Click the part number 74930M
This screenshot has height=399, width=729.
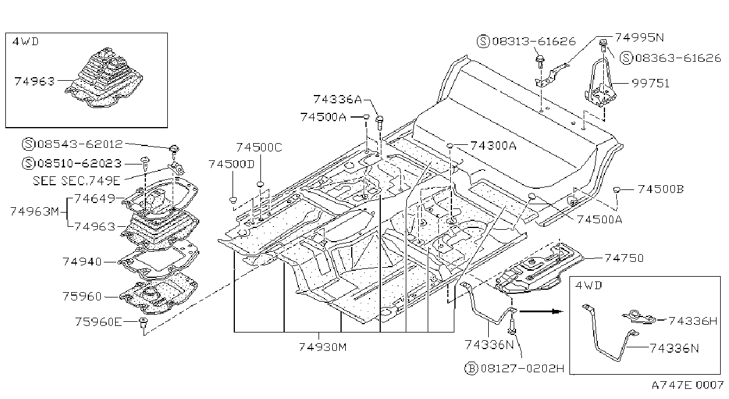pos(323,347)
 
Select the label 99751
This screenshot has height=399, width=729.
pos(650,83)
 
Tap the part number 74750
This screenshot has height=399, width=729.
pos(624,258)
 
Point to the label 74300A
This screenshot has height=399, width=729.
pos(494,145)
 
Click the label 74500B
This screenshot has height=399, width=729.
pos(660,189)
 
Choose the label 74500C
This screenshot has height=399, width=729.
pos(259,148)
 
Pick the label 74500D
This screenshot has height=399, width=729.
pos(231,164)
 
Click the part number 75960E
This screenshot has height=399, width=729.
pos(98,322)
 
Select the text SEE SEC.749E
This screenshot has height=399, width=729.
pos(77,180)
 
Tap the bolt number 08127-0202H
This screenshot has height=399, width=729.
pos(523,368)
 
